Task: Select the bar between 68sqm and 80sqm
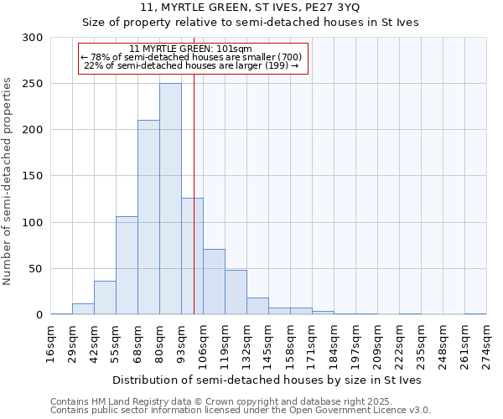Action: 148,217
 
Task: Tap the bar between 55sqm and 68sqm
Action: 127,265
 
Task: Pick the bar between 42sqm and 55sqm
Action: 105,297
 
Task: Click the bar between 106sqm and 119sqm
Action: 214,282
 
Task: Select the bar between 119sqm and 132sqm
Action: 236,292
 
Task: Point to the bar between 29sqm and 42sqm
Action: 83,308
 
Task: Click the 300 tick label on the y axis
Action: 33,38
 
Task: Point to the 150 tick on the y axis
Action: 33,176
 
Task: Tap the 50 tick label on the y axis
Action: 36,269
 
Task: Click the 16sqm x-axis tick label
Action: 51,343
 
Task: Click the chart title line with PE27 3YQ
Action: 251,8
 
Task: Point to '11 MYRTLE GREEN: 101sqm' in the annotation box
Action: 192,49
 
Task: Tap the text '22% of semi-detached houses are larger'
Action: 192,66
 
